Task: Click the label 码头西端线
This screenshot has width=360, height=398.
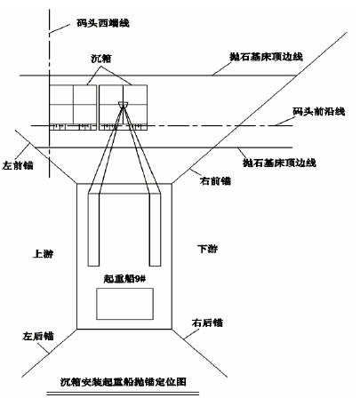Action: pyautogui.click(x=103, y=23)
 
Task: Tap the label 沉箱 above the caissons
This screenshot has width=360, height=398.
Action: pyautogui.click(x=101, y=59)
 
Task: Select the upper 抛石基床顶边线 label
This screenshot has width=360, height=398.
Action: pyautogui.click(x=266, y=57)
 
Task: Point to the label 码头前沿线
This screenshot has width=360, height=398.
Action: pyautogui.click(x=319, y=112)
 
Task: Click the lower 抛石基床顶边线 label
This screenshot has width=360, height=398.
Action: pyautogui.click(x=279, y=163)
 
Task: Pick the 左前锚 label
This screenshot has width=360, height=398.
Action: pyautogui.click(x=18, y=165)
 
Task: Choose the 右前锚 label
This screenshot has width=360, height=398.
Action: pyautogui.click(x=215, y=181)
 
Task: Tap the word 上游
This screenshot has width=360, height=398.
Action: pyautogui.click(x=44, y=254)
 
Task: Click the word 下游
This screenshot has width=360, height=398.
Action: pyautogui.click(x=208, y=249)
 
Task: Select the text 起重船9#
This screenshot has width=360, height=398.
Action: pyautogui.click(x=124, y=279)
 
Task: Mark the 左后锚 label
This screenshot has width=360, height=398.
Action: pyautogui.click(x=38, y=336)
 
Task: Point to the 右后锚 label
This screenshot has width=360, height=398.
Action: pyautogui.click(x=207, y=322)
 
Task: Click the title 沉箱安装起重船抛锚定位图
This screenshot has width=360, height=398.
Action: pyautogui.click(x=124, y=382)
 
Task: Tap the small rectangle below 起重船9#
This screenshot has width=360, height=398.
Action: pyautogui.click(x=124, y=304)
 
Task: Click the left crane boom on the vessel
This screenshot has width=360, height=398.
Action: pyautogui.click(x=93, y=229)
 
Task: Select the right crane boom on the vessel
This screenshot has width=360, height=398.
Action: pyautogui.click(x=155, y=229)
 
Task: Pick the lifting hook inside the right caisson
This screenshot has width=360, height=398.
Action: pyautogui.click(x=123, y=104)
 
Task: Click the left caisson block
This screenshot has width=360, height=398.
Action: pyautogui.click(x=73, y=107)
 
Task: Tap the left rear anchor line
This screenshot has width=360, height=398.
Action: pyautogui.click(x=49, y=353)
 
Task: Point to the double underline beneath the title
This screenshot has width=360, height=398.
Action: pyautogui.click(x=123, y=394)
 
